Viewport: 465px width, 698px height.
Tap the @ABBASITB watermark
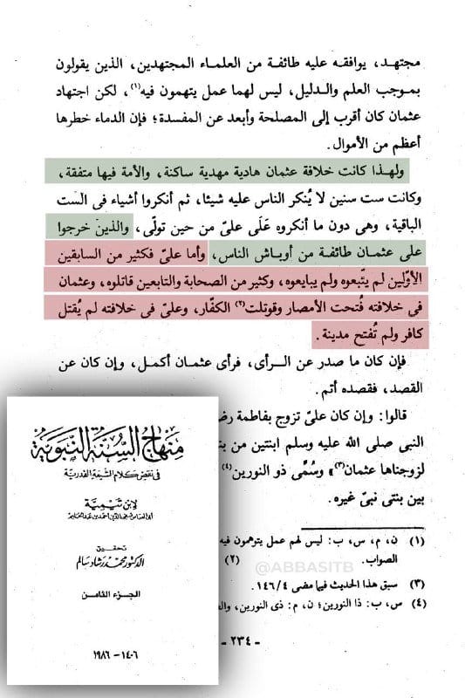coord(313,567)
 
